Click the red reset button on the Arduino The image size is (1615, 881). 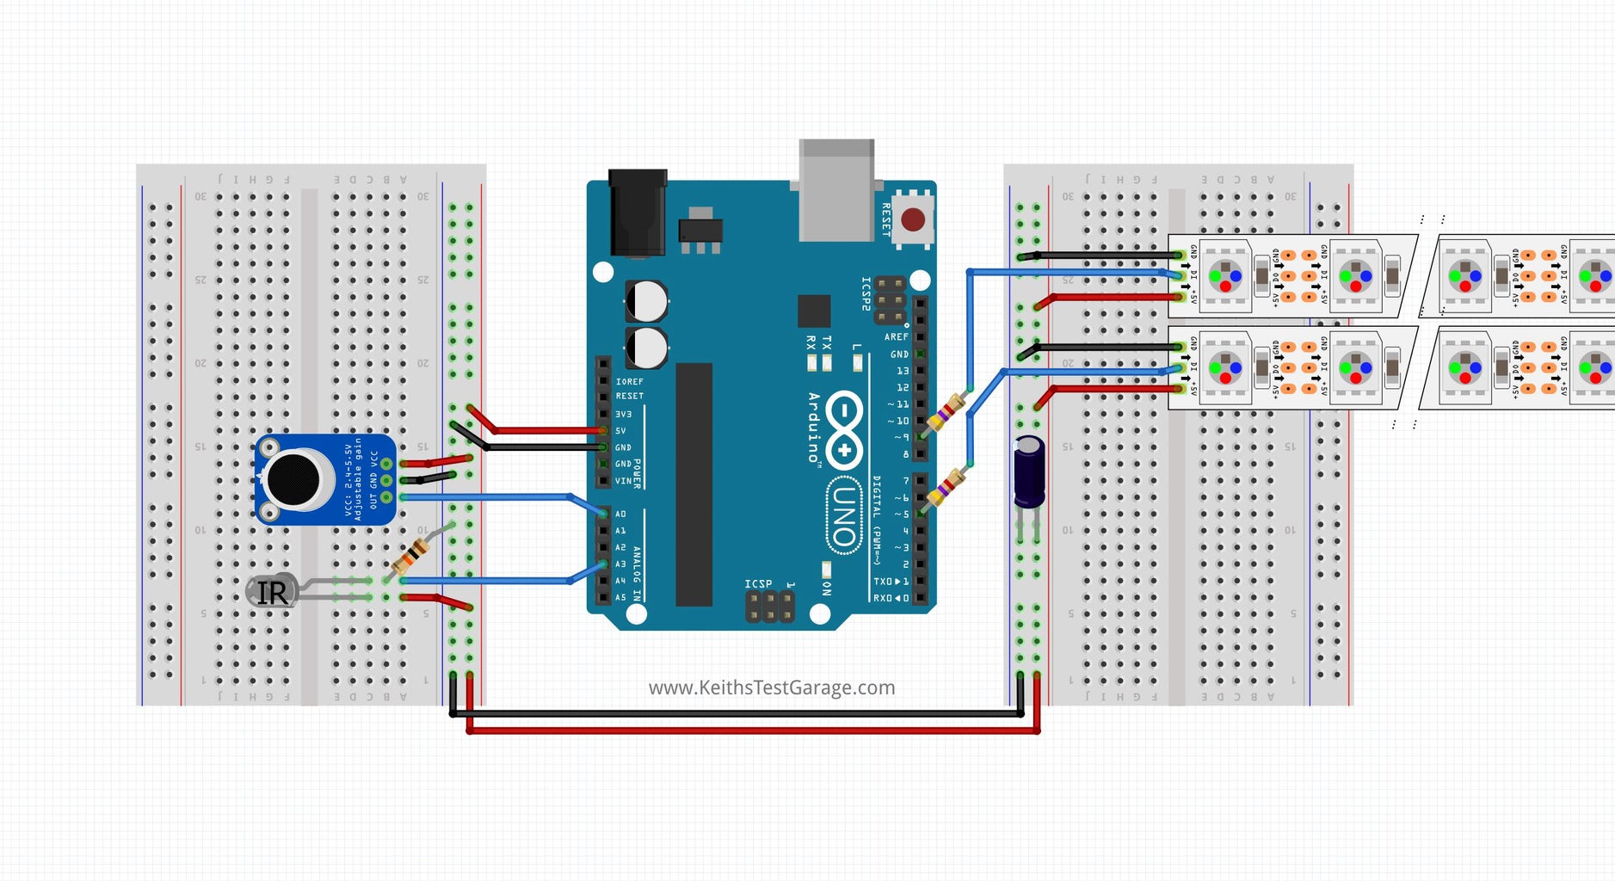[913, 219]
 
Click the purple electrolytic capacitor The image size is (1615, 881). [1029, 471]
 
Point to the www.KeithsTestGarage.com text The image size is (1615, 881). [771, 687]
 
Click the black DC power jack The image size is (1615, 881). [638, 213]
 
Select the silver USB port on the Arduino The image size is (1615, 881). [836, 190]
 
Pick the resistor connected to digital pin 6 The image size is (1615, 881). [947, 488]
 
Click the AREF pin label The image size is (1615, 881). [896, 336]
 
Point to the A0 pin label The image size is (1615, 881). [620, 514]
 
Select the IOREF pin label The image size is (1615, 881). [629, 381]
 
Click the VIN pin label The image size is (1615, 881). [623, 481]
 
